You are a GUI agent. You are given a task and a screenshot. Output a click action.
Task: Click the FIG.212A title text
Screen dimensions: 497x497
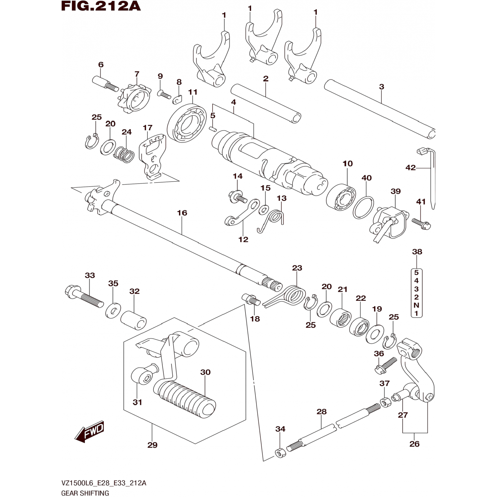coord(101,6)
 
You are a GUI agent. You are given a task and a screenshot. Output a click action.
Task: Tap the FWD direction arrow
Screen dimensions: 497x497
coord(89,432)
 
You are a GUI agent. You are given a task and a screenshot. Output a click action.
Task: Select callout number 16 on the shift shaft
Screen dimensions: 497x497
coord(182,213)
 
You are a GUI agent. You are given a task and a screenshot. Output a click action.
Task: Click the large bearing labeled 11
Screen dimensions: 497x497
coord(187,123)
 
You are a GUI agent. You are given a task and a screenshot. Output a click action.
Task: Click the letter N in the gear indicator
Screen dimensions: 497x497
coord(416,305)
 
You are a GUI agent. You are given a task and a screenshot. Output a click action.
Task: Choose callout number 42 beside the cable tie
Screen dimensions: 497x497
coord(410,168)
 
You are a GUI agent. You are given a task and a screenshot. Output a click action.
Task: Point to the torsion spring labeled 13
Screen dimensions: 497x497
coord(275,218)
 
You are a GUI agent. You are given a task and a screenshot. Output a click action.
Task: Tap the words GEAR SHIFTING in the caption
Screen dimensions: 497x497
coord(85,493)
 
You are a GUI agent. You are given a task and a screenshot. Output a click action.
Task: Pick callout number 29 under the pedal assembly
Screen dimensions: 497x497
coord(152,445)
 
